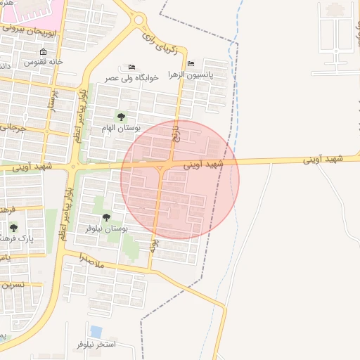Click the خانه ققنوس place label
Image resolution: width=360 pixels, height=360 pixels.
point(44,63)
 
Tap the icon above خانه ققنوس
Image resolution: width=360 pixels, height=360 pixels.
point(44,52)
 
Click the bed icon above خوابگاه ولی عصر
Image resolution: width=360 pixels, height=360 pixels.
point(132,67)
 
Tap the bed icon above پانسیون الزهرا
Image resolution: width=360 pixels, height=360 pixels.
point(191,63)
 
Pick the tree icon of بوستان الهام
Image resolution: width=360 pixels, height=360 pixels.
point(121,117)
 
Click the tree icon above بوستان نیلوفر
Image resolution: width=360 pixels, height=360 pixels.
point(106,218)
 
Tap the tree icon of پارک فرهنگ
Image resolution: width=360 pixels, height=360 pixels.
point(13,227)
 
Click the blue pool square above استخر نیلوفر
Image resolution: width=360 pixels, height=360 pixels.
point(96,330)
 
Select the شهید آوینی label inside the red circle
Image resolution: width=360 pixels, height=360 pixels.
point(203,165)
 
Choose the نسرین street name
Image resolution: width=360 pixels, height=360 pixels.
point(14,285)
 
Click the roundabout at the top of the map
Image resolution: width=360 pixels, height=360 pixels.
point(139,20)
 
